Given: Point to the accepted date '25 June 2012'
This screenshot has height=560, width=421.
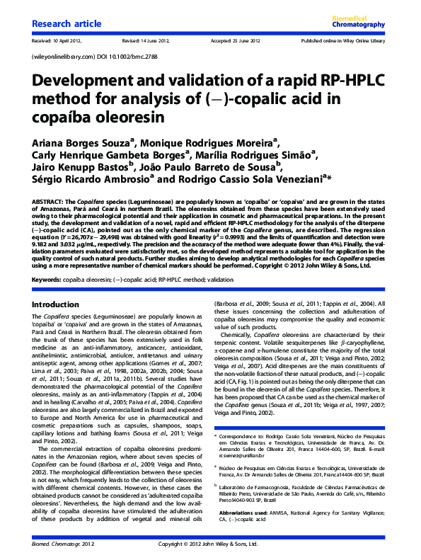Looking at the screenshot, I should [241, 41].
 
